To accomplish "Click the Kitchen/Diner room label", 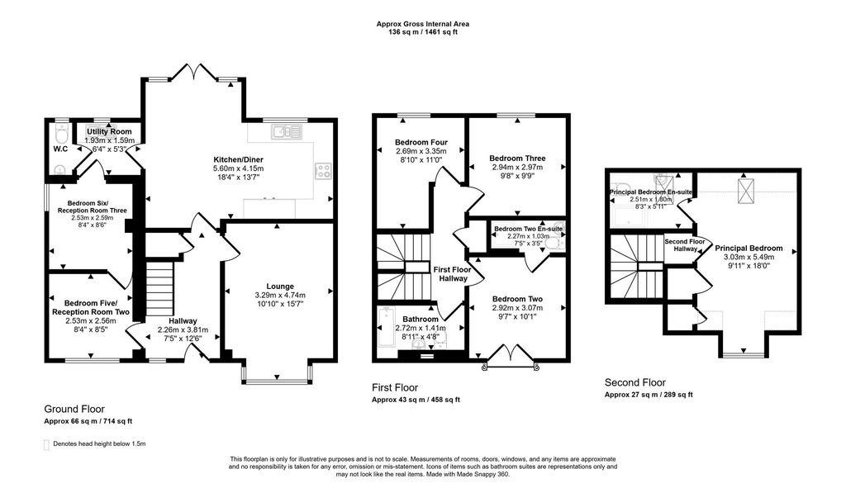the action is [239, 159].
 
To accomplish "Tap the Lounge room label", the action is [280, 287].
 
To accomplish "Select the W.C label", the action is [60, 149].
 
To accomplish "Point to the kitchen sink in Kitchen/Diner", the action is [288, 131].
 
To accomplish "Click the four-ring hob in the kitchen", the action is [323, 171].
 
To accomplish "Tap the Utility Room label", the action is [109, 131].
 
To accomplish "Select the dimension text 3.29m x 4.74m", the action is [280, 295].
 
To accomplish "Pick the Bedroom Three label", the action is [517, 158].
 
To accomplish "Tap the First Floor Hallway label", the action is [453, 274].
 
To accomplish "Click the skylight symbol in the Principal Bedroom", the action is [744, 191].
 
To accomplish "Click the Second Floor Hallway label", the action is [685, 244].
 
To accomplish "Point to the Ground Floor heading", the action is [74, 410].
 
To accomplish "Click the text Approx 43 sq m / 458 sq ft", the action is [416, 400].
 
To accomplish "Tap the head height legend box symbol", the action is [46, 444].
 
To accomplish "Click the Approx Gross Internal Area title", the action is [422, 24].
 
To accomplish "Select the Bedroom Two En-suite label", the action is [528, 229].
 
